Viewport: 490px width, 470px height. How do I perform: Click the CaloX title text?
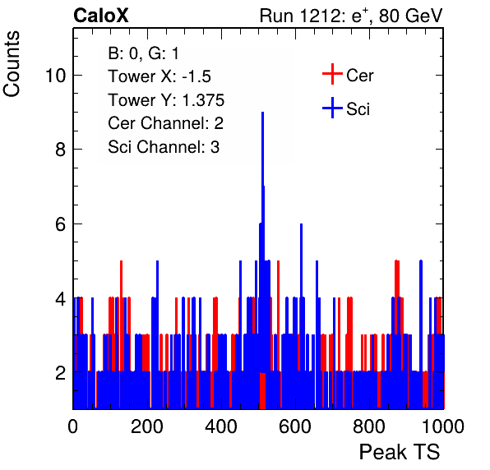click(101, 16)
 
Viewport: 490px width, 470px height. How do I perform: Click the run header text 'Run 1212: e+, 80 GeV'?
click(351, 16)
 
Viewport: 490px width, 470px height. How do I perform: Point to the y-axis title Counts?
click(12, 64)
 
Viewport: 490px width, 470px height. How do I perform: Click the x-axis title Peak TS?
click(400, 452)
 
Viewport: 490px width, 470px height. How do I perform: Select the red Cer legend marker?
click(332, 74)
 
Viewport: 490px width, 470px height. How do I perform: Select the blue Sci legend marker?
click(332, 108)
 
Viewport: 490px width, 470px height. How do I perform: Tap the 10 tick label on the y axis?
click(56, 76)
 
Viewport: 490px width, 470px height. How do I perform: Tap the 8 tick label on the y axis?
click(61, 150)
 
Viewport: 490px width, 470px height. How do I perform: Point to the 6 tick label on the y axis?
click(61, 224)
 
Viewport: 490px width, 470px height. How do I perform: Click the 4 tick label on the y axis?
click(61, 299)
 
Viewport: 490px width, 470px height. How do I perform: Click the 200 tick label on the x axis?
click(147, 426)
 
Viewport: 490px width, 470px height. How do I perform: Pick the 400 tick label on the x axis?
click(221, 426)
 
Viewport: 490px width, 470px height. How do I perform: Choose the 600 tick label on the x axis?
click(295, 426)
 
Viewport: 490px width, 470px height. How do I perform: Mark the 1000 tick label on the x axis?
click(443, 426)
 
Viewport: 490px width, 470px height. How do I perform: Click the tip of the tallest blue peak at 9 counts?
click(263, 113)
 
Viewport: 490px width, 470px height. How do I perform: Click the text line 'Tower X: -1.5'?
click(159, 76)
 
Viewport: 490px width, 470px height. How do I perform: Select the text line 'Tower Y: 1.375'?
click(166, 100)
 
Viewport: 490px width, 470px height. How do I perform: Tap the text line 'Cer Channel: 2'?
click(165, 123)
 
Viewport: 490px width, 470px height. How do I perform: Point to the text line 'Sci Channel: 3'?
click(164, 147)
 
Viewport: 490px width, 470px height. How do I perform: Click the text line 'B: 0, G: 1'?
click(143, 53)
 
